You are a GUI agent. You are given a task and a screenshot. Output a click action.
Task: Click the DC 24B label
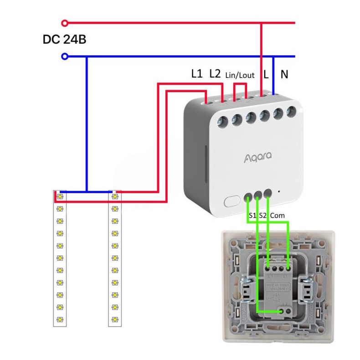[65, 39]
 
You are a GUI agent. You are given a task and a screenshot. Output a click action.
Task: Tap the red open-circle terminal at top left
[65, 22]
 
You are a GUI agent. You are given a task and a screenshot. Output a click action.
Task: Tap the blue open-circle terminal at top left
[65, 57]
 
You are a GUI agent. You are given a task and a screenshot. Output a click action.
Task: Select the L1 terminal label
[196, 73]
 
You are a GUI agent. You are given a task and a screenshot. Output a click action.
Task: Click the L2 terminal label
[215, 73]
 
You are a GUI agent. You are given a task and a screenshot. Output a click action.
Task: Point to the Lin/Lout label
[240, 75]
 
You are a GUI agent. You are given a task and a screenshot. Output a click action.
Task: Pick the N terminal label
[284, 74]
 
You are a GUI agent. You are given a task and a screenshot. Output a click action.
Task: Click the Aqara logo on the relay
[257, 157]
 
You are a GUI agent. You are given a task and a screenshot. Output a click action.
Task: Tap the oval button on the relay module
[232, 200]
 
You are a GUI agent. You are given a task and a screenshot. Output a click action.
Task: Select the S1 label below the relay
[252, 215]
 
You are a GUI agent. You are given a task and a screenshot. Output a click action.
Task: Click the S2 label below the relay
[262, 215]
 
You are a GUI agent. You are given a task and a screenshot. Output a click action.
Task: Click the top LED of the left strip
[60, 196]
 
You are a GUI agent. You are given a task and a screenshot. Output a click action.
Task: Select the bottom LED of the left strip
[60, 319]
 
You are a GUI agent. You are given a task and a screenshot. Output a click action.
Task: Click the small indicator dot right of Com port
[278, 192]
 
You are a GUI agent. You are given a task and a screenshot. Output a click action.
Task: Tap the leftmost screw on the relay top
[222, 121]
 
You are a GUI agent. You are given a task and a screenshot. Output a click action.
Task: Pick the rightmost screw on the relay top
[291, 111]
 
